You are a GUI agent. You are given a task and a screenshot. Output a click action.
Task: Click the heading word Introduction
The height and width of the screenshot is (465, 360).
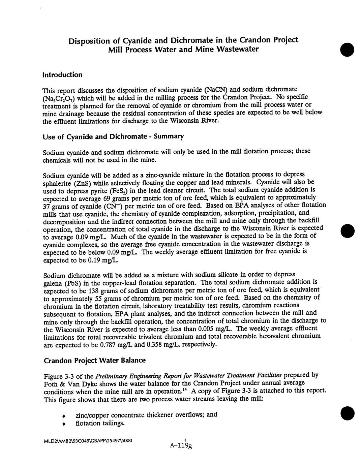click(x=62, y=75)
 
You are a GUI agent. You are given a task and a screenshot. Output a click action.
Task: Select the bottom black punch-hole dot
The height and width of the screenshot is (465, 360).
click(x=347, y=413)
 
